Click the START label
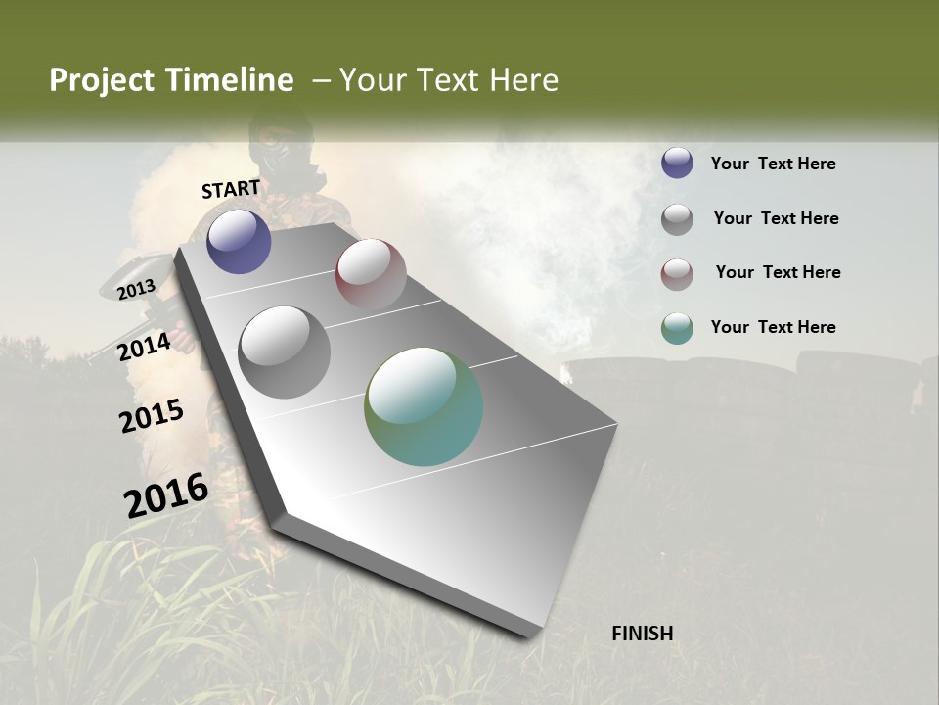pyautogui.click(x=231, y=189)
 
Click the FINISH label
pyautogui.click(x=643, y=634)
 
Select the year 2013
pyautogui.click(x=137, y=290)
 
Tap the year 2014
pyautogui.click(x=144, y=347)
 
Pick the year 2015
pyautogui.click(x=152, y=415)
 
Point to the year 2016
pyautogui.click(x=166, y=494)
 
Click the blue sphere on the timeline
pyautogui.click(x=239, y=241)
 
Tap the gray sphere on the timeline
pyautogui.click(x=285, y=352)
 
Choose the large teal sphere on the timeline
pyautogui.click(x=424, y=406)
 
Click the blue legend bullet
pyautogui.click(x=677, y=164)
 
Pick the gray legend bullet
pyautogui.click(x=677, y=218)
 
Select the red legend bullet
pyautogui.click(x=677, y=273)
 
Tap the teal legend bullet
pyautogui.click(x=677, y=328)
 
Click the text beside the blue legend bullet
pyautogui.click(x=773, y=164)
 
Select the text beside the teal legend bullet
pyautogui.click(x=773, y=327)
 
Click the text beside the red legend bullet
pyautogui.click(x=778, y=272)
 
